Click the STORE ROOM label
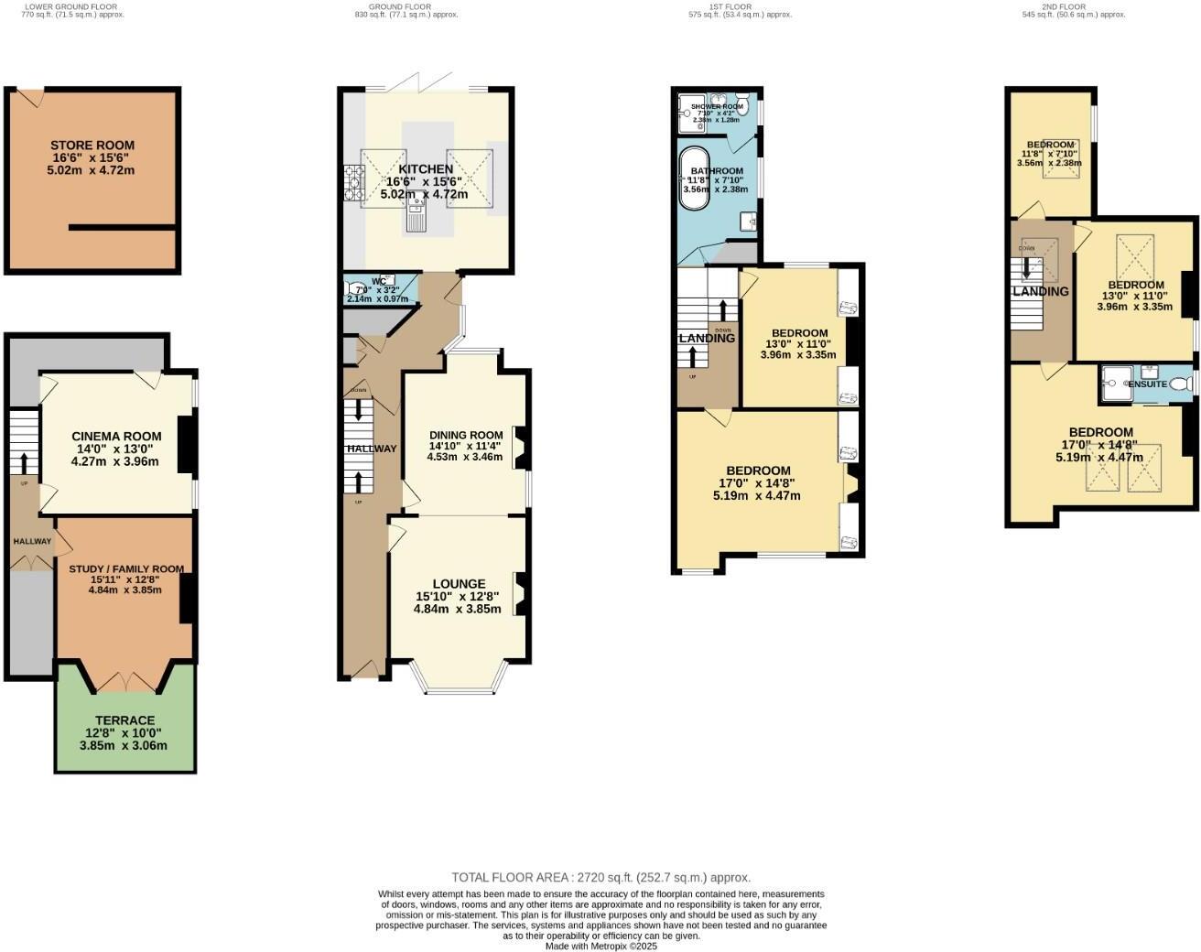pos(92,145)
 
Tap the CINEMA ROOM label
pos(116,436)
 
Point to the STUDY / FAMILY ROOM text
pos(124,568)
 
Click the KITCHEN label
pos(426,169)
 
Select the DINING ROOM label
pos(466,435)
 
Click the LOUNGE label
pos(459,583)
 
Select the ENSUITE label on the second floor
pos(1147,384)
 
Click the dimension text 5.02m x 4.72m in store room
pos(91,170)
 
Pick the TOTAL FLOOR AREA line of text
pos(600,877)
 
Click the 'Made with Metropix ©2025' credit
pos(601,947)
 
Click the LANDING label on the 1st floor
pos(707,338)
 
